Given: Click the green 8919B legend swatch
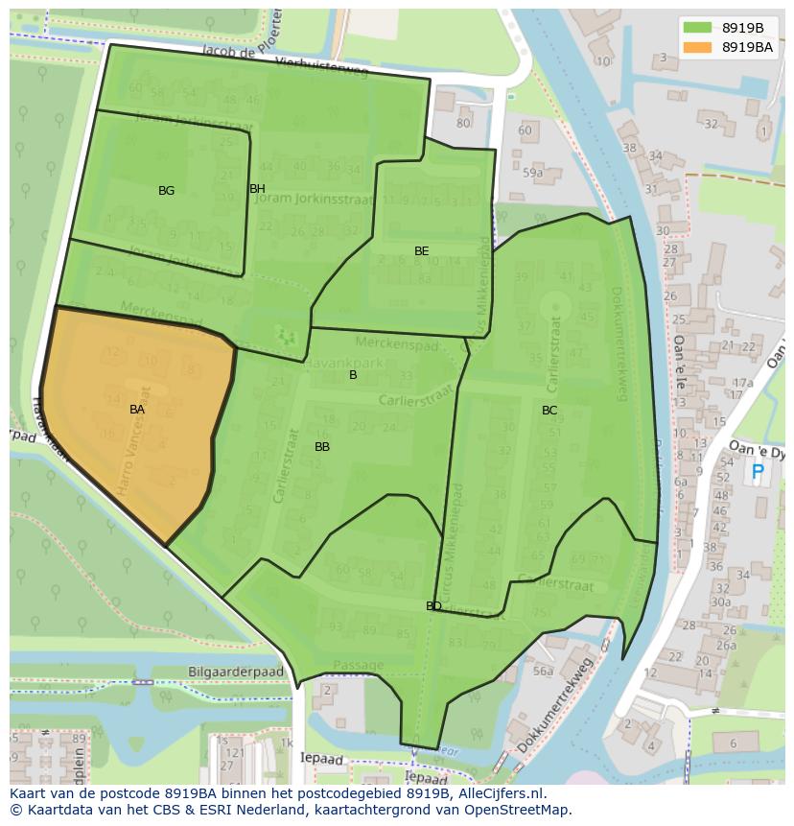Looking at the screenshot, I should tap(697, 27).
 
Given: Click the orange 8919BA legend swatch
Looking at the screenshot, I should tap(697, 46).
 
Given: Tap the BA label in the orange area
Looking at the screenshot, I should tap(137, 410).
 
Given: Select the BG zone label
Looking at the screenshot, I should tap(166, 191).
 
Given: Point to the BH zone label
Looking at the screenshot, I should tap(257, 189).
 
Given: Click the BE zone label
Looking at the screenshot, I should tap(421, 251).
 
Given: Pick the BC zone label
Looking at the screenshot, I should tap(549, 411).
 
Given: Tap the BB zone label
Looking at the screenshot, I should tap(322, 447).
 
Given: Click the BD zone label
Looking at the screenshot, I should tap(433, 606).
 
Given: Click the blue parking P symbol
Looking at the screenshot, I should tap(758, 472).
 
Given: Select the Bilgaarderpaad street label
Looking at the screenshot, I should tap(236, 673).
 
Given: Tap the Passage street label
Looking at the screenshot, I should tap(358, 665).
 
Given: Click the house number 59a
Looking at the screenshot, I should tap(532, 174).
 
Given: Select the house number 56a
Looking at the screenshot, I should tap(543, 672).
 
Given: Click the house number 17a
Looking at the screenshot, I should tap(742, 383).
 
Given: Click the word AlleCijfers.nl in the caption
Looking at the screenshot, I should tap(498, 793).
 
